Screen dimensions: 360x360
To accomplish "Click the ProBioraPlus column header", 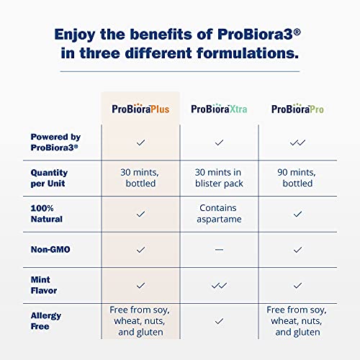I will (140, 109).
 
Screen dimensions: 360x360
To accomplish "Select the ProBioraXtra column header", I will (219, 109).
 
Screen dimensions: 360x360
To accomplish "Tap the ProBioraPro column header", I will (297, 109).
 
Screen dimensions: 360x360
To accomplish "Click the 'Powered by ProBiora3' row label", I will (55, 142).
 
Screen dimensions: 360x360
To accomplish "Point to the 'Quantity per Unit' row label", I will (50, 178).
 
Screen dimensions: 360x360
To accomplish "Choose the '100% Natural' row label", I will (47, 214).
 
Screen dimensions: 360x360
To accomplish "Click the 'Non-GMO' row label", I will (49, 249).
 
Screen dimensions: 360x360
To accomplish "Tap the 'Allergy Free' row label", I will (46, 320).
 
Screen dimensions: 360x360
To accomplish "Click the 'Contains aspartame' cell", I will (219, 214).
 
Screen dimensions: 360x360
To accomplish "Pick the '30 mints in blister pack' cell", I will (219, 178).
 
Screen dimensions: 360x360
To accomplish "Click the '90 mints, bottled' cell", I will (297, 178).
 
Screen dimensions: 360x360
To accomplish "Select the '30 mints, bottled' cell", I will (140, 178).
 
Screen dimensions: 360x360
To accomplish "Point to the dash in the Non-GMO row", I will (219, 249).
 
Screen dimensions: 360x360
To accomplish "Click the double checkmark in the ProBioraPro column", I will (297, 143).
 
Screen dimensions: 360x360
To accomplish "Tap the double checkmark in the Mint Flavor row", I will (219, 285).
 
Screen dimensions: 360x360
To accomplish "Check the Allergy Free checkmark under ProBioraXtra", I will (219, 320).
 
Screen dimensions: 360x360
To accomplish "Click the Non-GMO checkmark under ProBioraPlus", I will (140, 249).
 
